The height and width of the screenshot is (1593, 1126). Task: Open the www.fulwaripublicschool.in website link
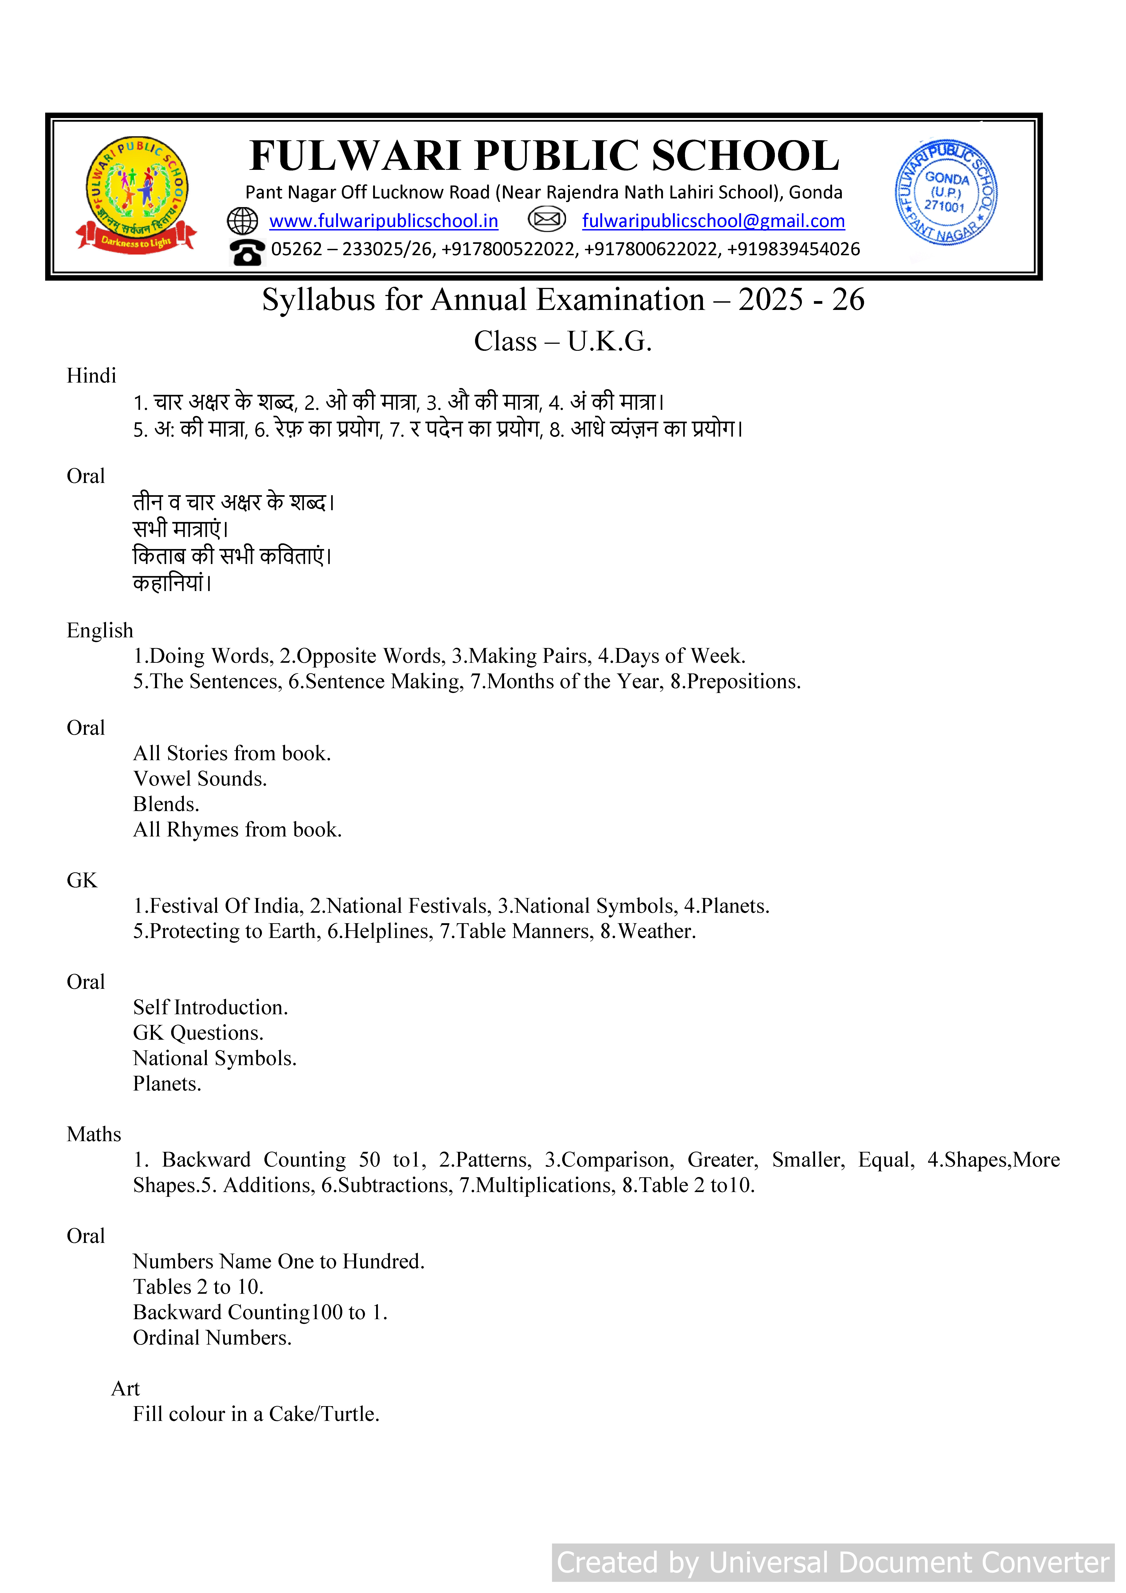[384, 221]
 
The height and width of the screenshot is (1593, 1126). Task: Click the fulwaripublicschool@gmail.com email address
[713, 221]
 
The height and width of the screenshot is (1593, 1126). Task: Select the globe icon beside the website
[243, 221]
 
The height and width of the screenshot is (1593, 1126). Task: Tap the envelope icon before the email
[547, 220]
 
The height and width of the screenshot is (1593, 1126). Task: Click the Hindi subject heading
[91, 376]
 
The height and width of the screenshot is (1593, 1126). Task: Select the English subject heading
[100, 631]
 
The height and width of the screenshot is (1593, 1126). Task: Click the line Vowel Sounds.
[200, 779]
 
